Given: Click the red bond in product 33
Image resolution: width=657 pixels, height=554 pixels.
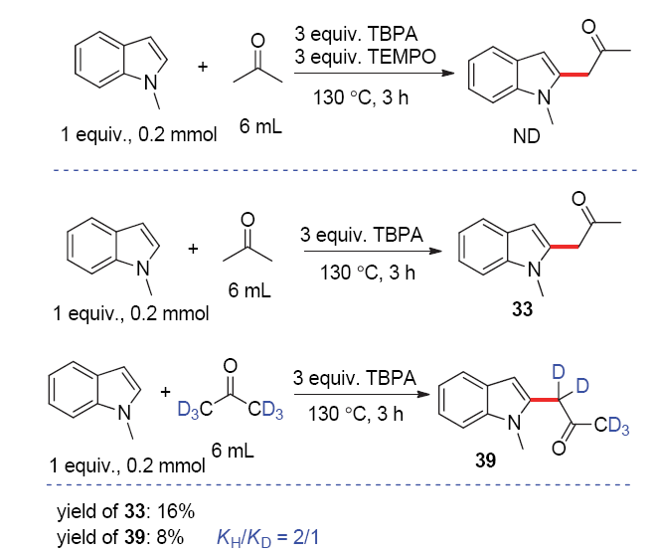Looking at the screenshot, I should pos(563,248).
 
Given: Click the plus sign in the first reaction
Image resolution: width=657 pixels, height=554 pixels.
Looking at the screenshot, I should pos(204,68).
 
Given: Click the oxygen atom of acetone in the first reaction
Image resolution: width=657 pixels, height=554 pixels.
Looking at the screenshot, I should pos(257,41).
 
